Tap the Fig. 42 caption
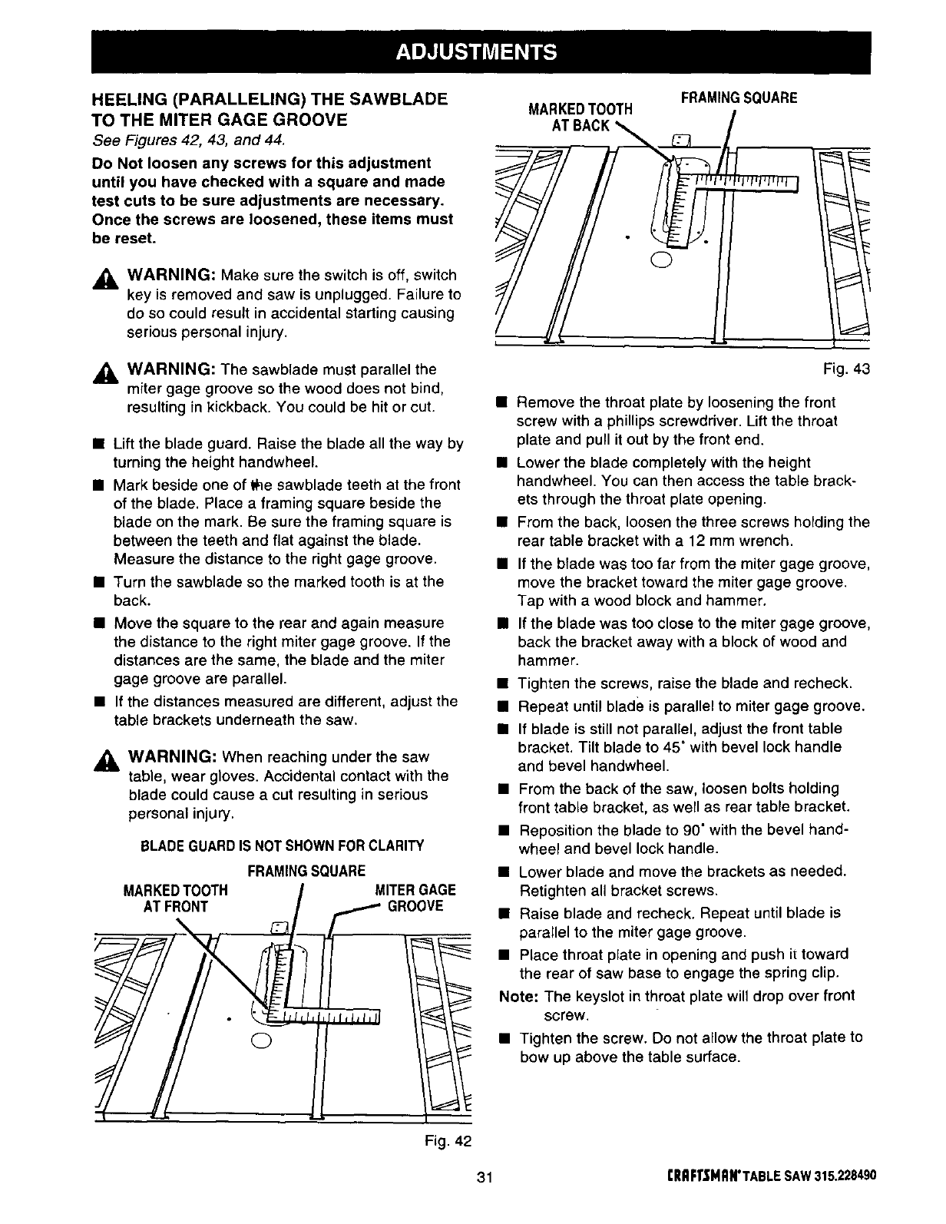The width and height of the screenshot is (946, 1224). tap(447, 1140)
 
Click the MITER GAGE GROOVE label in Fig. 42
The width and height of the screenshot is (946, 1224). tap(414, 897)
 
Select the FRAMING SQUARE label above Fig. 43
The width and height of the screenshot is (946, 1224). tap(739, 98)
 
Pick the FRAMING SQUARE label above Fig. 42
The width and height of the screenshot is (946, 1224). tap(306, 872)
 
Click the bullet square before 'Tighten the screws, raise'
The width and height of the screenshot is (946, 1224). tap(502, 683)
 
